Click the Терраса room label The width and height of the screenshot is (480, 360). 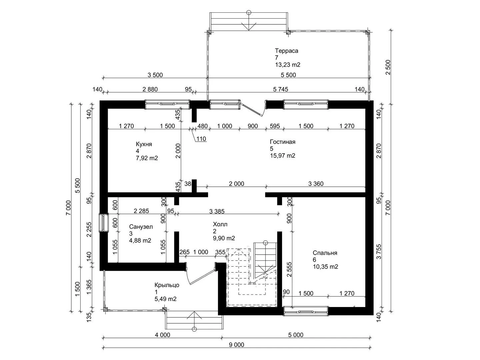(286, 51)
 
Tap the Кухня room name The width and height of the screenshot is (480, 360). (144, 144)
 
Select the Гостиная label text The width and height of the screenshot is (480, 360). (283, 142)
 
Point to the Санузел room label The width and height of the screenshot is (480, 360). (141, 227)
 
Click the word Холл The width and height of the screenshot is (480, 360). (220, 224)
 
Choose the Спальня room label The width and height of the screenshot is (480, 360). (325, 253)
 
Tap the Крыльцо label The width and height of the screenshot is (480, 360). (167, 285)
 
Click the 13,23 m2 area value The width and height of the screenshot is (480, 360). (288, 65)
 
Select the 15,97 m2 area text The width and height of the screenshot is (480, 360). (283, 156)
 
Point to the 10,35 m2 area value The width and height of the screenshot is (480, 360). (326, 267)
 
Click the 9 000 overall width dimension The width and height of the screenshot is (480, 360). (236, 345)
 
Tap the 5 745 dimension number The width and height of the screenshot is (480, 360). (281, 89)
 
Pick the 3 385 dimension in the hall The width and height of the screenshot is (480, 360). (217, 211)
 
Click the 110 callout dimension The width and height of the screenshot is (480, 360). (201, 139)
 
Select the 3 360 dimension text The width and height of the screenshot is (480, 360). (316, 184)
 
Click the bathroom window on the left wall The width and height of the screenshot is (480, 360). (103, 223)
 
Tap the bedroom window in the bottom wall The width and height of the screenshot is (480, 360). (306, 311)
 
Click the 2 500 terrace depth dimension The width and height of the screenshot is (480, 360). (388, 67)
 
